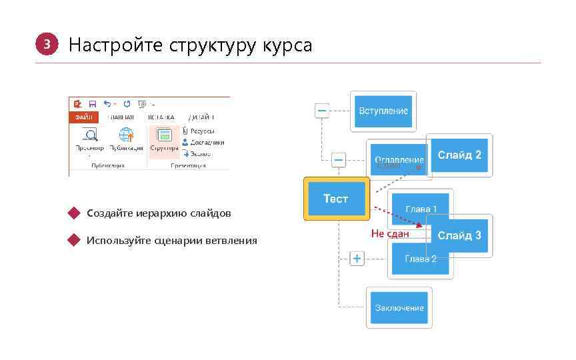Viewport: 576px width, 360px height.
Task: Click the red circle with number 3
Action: [x=46, y=45]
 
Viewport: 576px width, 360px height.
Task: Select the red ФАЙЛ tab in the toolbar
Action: [x=83, y=116]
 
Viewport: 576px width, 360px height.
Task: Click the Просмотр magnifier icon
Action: [x=89, y=136]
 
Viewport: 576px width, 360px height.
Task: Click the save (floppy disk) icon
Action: [x=92, y=104]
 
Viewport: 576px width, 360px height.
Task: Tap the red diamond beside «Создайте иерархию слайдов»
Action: [x=73, y=213]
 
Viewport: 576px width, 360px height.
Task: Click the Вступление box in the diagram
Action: [x=383, y=111]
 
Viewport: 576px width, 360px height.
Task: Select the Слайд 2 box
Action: [x=459, y=155]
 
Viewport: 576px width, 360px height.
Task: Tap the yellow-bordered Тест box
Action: [x=336, y=199]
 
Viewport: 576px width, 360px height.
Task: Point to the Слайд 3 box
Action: [x=459, y=235]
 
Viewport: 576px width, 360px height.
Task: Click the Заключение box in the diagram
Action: [x=399, y=307]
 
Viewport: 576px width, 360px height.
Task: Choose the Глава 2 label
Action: [x=420, y=259]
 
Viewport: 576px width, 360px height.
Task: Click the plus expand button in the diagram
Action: [x=357, y=258]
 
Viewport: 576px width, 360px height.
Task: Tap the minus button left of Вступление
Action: [x=322, y=110]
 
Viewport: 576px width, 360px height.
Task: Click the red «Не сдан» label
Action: [x=390, y=233]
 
